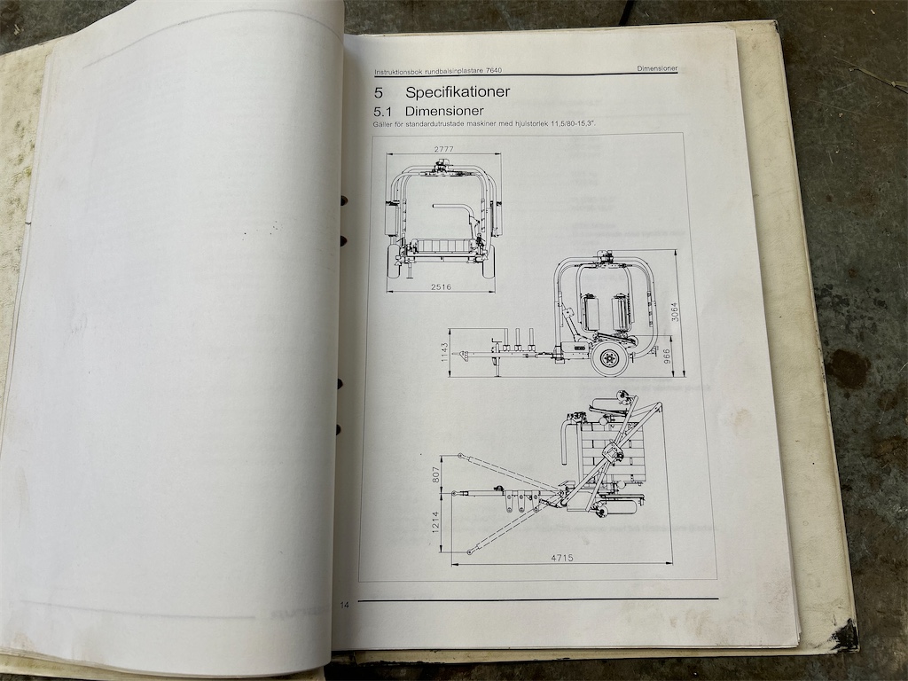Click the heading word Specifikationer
coord(458,91)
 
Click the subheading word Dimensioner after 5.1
coord(444,111)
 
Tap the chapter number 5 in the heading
coord(378,92)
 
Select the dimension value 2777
coord(444,149)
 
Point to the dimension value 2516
coord(442,286)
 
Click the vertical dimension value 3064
coord(674,312)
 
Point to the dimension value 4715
coord(561,558)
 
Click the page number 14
coord(345,605)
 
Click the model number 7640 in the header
coord(494,71)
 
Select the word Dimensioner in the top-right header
coord(657,68)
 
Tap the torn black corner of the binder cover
coord(846,634)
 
